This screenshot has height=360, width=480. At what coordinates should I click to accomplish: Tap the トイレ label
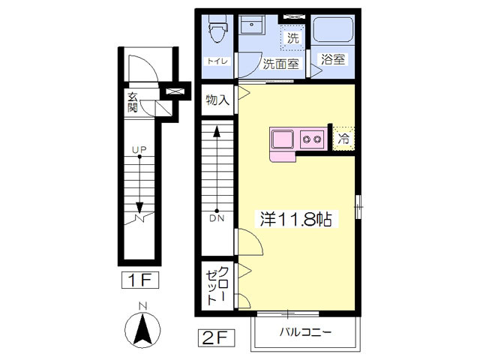coord(217,61)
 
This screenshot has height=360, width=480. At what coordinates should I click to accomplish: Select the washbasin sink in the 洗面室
coord(251,25)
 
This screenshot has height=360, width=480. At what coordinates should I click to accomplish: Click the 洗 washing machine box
coord(292,38)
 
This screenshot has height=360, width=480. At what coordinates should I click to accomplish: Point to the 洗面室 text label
coord(280,63)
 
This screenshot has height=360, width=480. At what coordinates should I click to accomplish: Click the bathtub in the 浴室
coord(333,29)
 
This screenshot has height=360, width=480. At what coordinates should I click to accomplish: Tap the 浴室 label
coord(333,59)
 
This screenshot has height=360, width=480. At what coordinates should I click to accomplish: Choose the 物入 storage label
coord(217,100)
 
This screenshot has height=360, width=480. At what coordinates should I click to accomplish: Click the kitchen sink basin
coord(283,139)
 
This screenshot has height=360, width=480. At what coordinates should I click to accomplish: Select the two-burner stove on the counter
coord(312,139)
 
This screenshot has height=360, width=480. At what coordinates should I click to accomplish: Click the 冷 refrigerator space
coord(343,139)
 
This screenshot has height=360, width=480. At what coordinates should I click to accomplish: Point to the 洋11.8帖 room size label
coord(296,219)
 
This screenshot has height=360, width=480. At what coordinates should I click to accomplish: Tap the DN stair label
coord(217,218)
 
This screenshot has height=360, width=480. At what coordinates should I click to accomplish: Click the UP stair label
coord(139,150)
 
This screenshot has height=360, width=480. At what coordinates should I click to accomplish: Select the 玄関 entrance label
coord(132,102)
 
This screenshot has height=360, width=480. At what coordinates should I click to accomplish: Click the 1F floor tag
coord(140,280)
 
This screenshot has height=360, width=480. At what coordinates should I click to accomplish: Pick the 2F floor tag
coord(216,337)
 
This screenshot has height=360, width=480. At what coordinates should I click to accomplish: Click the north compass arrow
coord(142,330)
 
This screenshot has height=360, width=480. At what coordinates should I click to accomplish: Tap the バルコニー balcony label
coord(305,332)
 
